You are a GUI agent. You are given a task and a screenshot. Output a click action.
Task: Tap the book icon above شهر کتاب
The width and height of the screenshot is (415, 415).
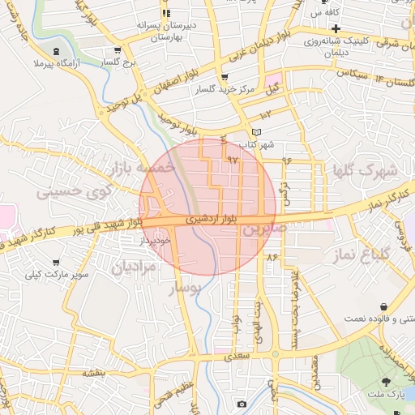257,131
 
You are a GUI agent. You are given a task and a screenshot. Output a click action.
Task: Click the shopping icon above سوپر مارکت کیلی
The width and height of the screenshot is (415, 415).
55,263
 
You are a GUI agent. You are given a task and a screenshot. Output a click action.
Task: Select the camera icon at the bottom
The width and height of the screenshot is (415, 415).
242,403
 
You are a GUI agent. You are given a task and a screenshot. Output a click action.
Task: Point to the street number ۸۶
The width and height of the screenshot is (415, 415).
272,256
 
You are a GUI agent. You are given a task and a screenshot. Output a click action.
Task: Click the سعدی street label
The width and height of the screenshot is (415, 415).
241,354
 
